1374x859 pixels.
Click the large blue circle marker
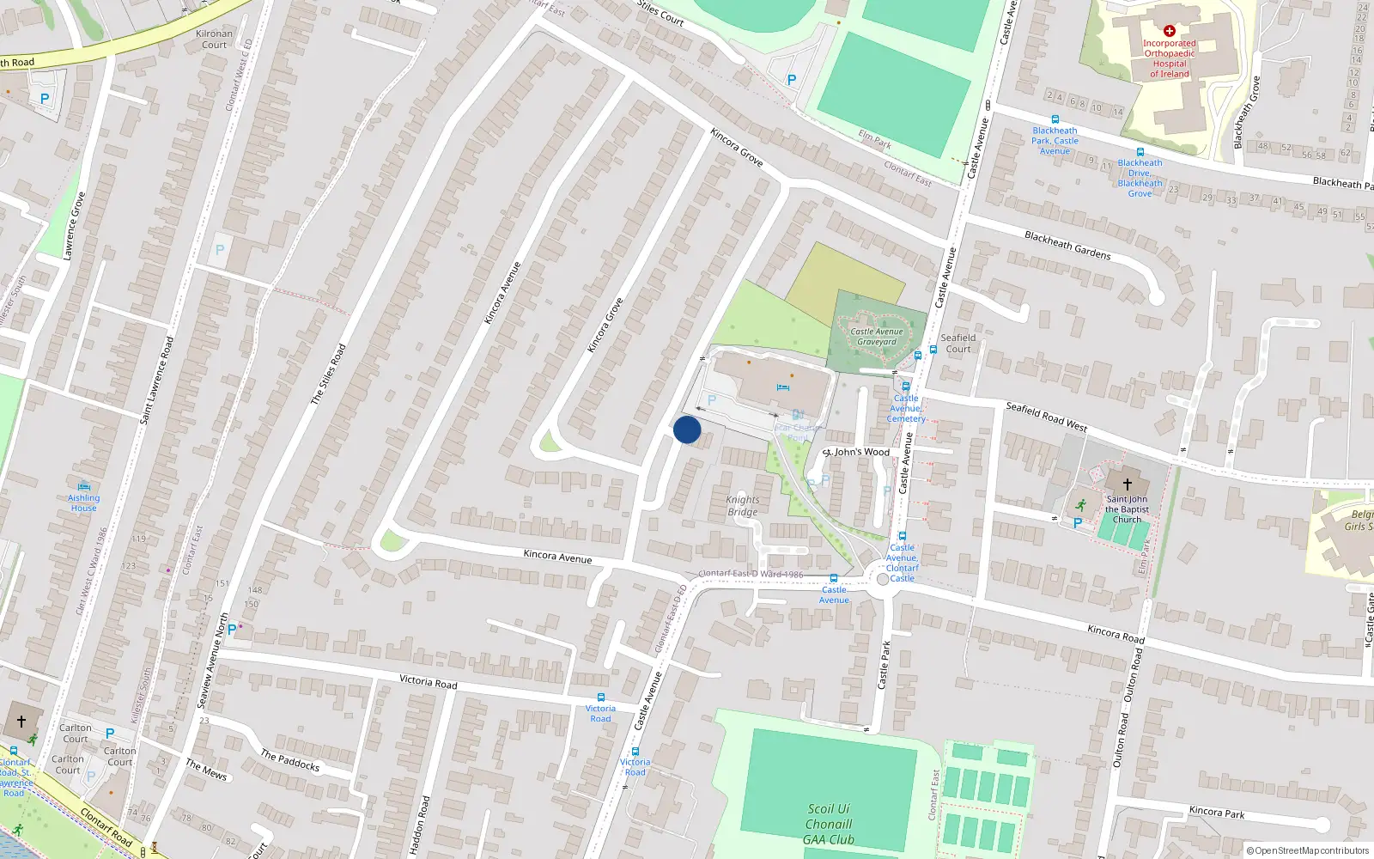[687, 429]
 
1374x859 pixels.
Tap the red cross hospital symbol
[1169, 31]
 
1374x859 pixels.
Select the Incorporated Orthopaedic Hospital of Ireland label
[1170, 58]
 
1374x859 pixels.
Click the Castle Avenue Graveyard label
[877, 337]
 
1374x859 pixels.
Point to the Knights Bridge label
[743, 506]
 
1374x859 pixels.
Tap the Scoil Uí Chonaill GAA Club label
[829, 825]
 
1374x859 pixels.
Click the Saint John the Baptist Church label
[1127, 509]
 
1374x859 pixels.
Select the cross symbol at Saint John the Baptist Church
[1128, 484]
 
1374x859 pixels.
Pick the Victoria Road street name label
[428, 681]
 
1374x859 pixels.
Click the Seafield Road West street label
[1046, 416]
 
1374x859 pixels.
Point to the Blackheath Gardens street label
[1067, 245]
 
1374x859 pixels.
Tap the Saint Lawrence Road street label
[156, 380]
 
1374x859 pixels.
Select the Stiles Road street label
[328, 374]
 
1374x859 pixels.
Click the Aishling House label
[84, 503]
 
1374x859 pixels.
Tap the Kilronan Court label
[214, 40]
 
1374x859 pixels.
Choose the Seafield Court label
[958, 344]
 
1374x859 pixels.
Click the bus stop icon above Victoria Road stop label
[601, 698]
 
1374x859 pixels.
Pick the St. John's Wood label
[857, 452]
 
